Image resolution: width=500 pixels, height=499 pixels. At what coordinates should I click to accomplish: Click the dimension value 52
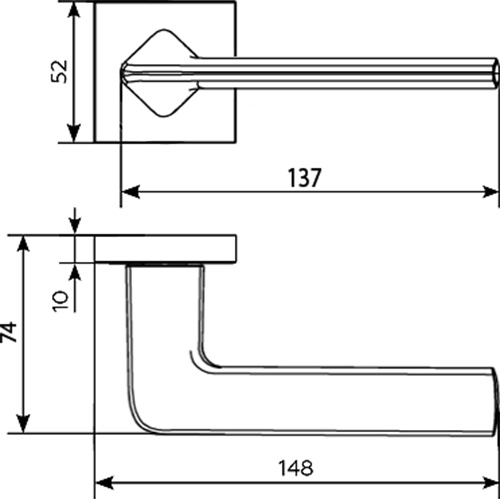click(59, 71)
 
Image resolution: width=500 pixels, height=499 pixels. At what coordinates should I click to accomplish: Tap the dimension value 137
click(304, 178)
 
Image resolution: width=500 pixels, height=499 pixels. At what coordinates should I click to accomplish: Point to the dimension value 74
click(9, 331)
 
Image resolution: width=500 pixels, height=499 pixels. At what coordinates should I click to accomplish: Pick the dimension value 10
click(60, 301)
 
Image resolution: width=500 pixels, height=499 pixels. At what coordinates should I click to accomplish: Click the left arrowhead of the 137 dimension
click(130, 192)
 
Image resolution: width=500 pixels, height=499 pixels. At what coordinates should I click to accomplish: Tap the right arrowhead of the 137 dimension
click(490, 192)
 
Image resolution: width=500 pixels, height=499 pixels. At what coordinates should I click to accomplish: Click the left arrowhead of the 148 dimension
click(104, 483)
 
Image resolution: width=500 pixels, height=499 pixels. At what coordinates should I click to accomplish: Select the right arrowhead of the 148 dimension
click(490, 483)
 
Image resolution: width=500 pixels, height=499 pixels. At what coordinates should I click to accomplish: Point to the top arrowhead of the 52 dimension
click(74, 11)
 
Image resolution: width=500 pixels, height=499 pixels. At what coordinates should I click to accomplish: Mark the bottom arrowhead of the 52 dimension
click(74, 133)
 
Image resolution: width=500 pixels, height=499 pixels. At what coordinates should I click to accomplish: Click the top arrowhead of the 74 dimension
click(23, 244)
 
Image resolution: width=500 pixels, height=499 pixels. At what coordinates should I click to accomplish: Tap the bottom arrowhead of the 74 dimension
click(23, 424)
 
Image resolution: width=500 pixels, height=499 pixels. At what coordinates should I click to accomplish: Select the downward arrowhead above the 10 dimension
click(75, 227)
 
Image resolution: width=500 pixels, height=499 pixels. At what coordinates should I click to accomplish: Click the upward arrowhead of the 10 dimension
click(76, 272)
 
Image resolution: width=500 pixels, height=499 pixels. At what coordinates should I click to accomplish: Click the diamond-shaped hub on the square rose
click(160, 73)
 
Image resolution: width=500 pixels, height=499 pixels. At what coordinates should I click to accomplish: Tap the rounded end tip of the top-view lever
click(495, 73)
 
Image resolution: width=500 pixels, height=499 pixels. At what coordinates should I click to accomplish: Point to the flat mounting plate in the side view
click(166, 249)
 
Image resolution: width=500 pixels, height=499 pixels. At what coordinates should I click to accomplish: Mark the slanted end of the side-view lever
click(496, 401)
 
